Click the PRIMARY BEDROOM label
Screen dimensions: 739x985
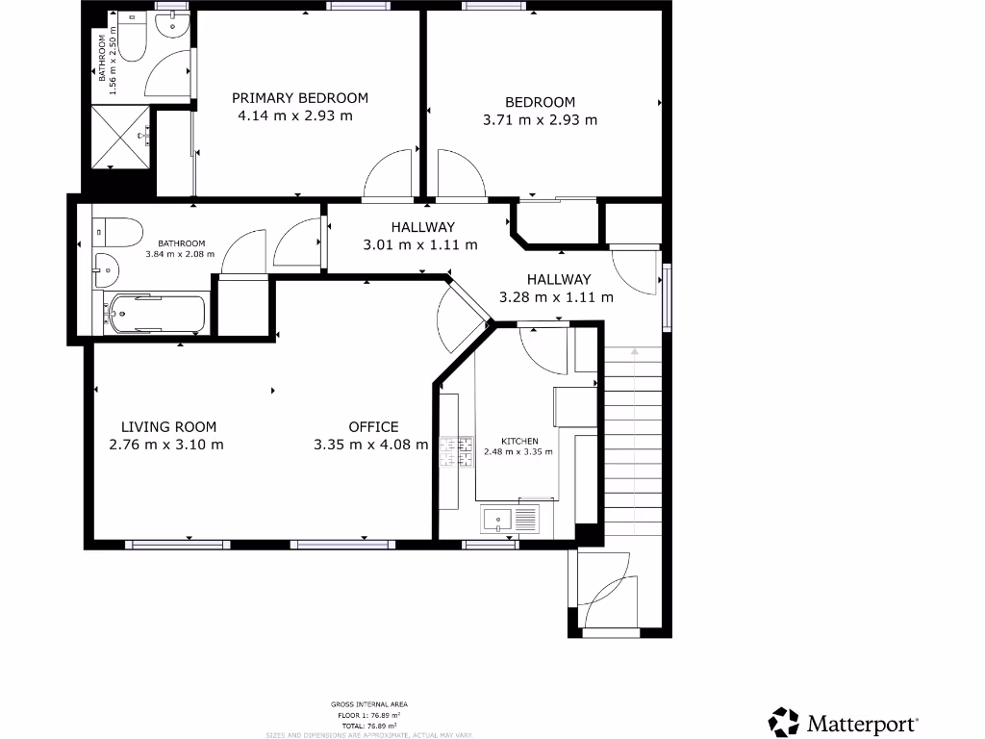[x=300, y=98]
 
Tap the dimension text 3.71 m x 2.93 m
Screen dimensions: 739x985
[x=540, y=120]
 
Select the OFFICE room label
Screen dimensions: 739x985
[x=373, y=427]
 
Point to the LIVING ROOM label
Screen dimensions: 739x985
[x=168, y=427]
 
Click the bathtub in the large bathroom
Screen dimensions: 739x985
[x=157, y=314]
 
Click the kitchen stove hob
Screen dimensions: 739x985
[x=457, y=451]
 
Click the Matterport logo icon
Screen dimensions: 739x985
[x=784, y=722]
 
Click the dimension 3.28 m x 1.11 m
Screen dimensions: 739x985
[x=556, y=297]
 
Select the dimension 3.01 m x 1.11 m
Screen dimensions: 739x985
[x=419, y=244]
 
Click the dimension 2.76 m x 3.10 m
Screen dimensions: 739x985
[x=166, y=445]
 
